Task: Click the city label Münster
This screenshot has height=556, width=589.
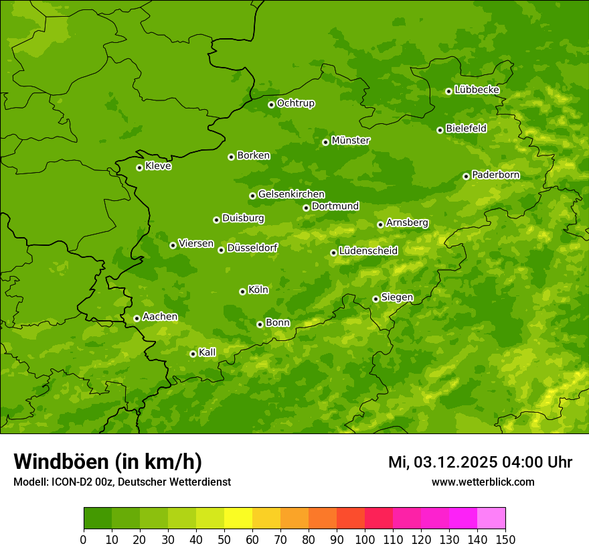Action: (x=351, y=141)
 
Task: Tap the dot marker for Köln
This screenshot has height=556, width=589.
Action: (x=242, y=291)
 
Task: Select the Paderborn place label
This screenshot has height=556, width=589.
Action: (x=495, y=175)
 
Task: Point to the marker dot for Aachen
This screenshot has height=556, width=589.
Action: (x=137, y=318)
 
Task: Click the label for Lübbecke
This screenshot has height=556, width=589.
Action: (x=477, y=90)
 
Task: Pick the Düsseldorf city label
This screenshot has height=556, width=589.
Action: (x=252, y=248)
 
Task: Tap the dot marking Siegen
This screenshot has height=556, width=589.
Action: (x=375, y=299)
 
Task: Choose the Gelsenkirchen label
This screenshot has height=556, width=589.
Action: (x=291, y=194)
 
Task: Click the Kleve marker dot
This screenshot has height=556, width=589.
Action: (x=139, y=167)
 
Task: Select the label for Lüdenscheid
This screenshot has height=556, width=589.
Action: (x=368, y=251)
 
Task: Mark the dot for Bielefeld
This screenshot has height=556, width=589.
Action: (x=440, y=130)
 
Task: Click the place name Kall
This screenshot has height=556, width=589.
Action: (x=207, y=352)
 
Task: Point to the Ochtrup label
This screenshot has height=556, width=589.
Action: (x=296, y=103)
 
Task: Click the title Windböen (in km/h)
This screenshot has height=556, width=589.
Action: (x=108, y=462)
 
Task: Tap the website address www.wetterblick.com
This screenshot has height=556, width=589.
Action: (x=483, y=482)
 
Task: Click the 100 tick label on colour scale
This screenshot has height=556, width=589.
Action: (x=365, y=539)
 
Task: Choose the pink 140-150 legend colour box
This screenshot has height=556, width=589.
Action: (x=491, y=518)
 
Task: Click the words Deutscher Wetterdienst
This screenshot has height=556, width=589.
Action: (x=175, y=482)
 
